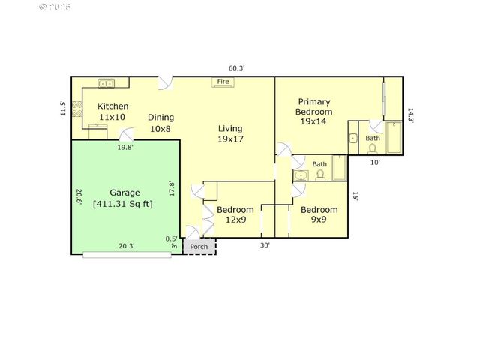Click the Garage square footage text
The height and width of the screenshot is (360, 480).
(123, 203)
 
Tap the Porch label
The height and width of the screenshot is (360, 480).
(199, 247)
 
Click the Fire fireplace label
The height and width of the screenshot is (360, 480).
(223, 81)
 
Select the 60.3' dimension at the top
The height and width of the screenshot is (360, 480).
(237, 67)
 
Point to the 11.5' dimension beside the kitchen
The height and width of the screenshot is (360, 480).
(64, 108)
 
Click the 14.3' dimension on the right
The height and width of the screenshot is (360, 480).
(410, 115)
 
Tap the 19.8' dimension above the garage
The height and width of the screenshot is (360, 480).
(125, 148)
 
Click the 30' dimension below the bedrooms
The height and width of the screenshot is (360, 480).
(265, 245)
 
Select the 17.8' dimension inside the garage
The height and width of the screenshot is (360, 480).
(172, 187)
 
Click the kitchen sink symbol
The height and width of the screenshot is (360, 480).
(106, 83)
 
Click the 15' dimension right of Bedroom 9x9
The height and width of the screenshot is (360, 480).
(355, 196)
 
